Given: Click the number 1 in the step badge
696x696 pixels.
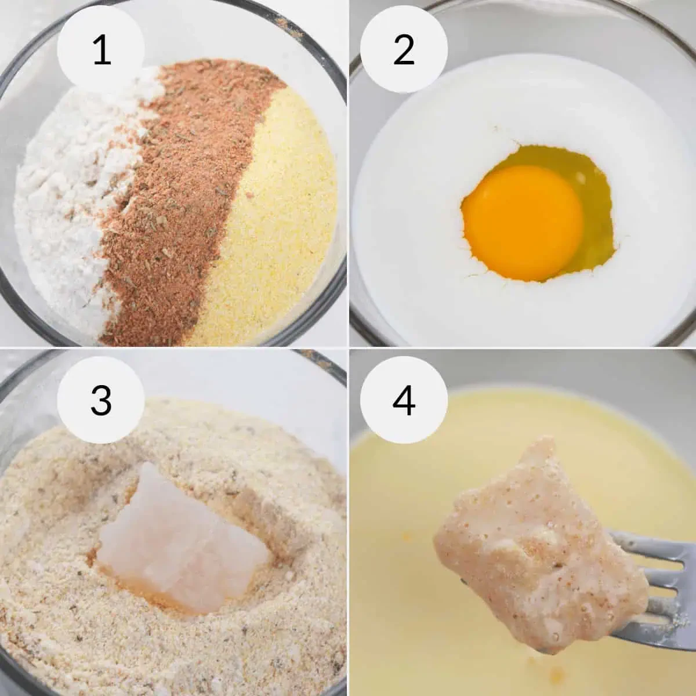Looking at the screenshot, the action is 102,49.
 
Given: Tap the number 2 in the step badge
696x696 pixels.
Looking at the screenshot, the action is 404,49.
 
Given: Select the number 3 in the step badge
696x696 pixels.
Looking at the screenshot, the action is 101,400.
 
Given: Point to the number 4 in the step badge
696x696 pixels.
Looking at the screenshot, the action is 404,400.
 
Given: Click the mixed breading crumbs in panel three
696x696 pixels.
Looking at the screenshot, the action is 72,614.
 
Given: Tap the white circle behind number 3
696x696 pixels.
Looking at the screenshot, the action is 101,400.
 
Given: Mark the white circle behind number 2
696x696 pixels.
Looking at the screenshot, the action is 404,49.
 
